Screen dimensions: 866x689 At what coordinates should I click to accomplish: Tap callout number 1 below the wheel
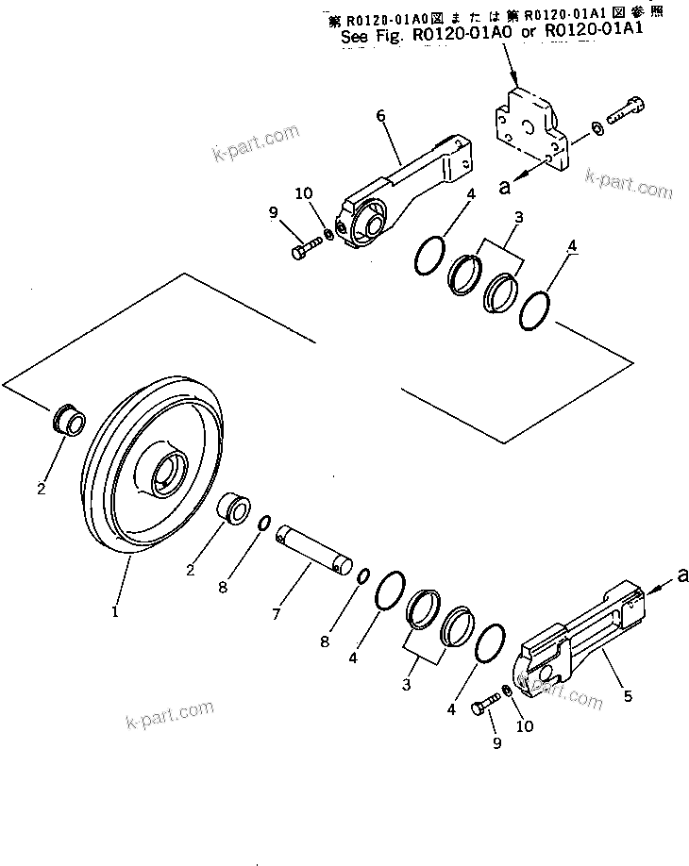point(114,611)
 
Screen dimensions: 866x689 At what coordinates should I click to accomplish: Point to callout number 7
point(277,613)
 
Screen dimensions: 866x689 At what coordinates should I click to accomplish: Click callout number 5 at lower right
point(628,696)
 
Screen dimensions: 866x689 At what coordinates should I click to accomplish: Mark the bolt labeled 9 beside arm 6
point(304,250)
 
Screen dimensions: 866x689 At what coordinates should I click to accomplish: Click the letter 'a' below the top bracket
point(505,187)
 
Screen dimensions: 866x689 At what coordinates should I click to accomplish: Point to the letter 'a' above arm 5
point(681,572)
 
